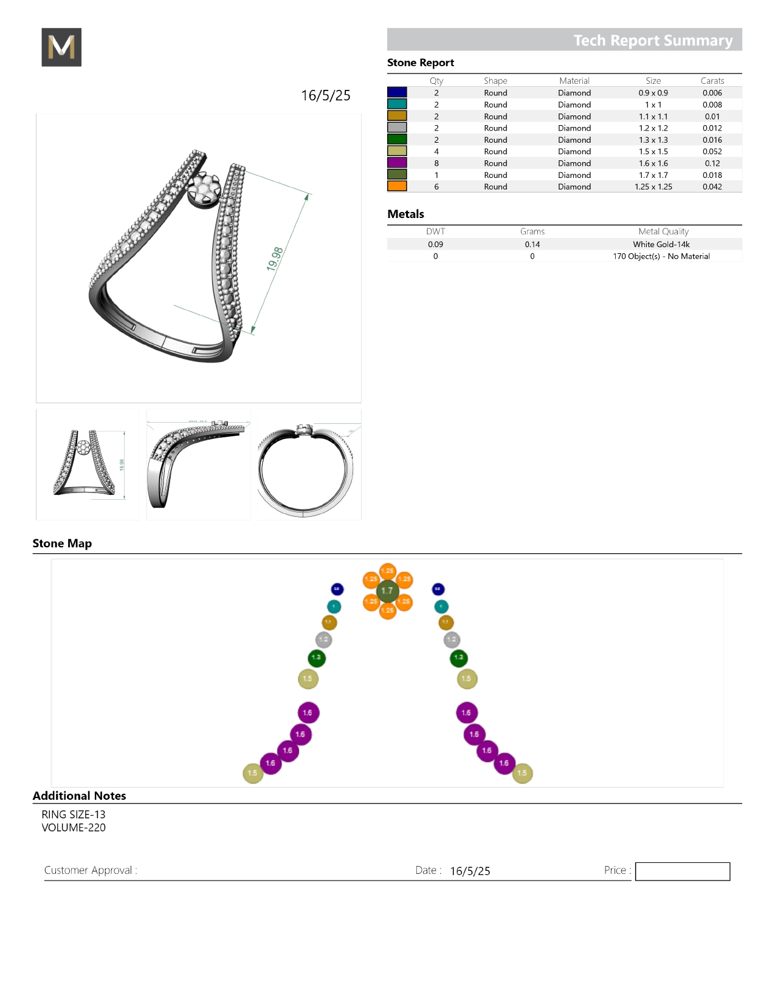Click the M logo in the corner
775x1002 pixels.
61,47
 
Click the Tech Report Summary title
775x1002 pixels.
653,40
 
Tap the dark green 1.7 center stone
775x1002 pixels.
387,591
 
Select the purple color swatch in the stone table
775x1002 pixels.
397,163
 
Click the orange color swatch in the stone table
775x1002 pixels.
397,186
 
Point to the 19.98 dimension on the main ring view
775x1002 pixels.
275,259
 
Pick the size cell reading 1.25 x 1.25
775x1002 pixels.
653,187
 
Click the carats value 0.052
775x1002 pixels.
712,152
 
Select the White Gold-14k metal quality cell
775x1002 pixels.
661,245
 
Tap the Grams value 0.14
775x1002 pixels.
532,245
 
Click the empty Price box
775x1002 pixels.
682,871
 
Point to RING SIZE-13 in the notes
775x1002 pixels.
74,814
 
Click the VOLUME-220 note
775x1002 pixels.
74,828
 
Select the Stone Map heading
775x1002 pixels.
62,544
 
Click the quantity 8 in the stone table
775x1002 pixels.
436,163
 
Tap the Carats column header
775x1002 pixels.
712,81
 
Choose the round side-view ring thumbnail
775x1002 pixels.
309,465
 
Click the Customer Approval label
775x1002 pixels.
91,870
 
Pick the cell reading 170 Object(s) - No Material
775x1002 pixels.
661,256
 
